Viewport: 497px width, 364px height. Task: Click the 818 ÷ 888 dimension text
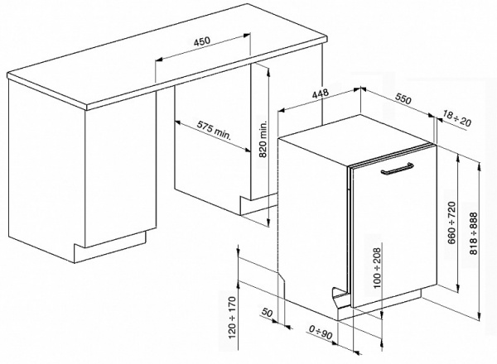[x=474, y=233]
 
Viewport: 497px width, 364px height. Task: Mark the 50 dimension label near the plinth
[x=268, y=314]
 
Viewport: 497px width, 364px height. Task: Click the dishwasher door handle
[x=397, y=171]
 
